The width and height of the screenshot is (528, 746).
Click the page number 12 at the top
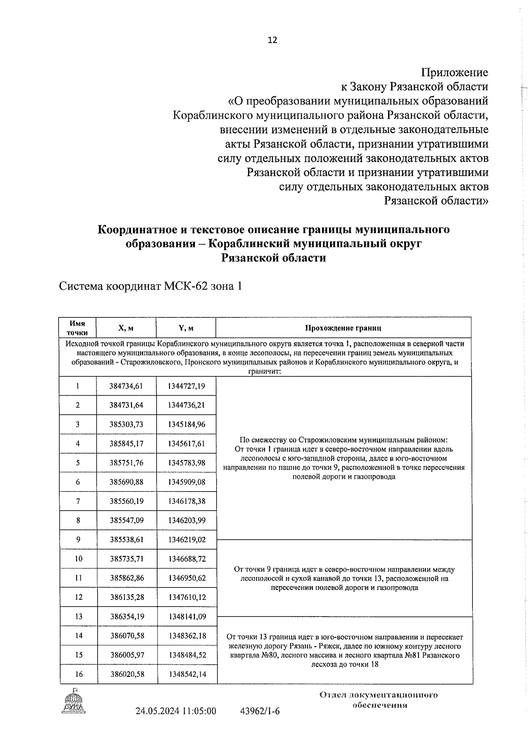coord(272,40)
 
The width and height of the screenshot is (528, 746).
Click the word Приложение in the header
coord(455,72)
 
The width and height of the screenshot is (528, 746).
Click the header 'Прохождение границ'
coord(343,328)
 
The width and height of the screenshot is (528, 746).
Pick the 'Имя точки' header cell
coord(77,328)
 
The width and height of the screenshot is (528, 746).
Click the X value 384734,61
coord(126,386)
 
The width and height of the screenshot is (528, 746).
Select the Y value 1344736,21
coord(186,405)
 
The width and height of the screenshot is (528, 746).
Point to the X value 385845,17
coord(126,444)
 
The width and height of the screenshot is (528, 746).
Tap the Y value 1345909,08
coord(186,482)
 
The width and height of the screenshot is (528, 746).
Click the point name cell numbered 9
coord(78,539)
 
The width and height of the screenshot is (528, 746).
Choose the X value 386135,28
coord(127,597)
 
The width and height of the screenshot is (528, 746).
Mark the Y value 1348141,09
coord(187,616)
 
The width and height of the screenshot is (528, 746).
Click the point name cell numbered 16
coord(78,674)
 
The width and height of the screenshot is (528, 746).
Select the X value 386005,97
coord(127,655)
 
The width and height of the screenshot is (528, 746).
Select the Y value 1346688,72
coord(186,559)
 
